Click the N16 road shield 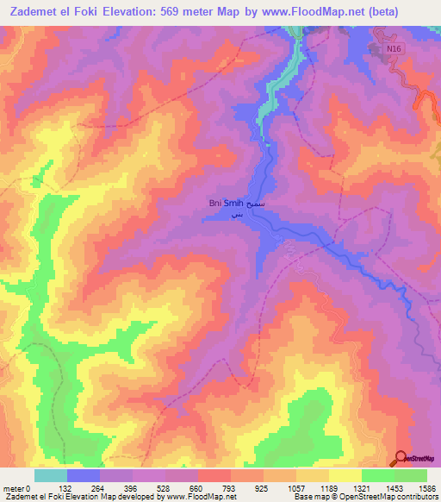coord(394,51)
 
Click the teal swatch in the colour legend coord(51,475)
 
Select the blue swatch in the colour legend coord(84,475)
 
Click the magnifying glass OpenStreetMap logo coord(401,459)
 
